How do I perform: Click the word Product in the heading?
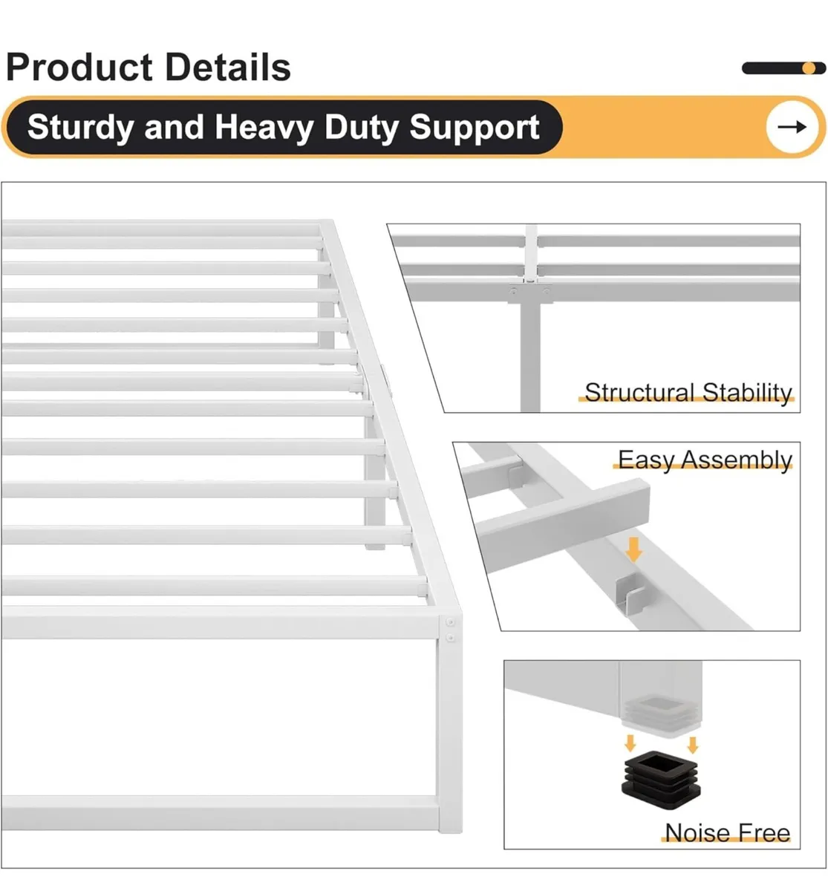coord(80,68)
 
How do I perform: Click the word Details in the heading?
coord(228,68)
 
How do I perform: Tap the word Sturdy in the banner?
coord(80,128)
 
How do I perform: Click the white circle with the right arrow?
coord(792,127)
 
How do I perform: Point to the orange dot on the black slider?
coord(809,68)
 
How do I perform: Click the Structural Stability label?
coord(688,393)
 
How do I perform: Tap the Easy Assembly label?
coord(705,460)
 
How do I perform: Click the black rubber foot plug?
coord(661,780)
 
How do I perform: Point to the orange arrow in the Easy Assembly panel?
coord(633,549)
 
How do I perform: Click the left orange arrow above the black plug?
coord(630,743)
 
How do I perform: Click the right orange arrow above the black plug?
coord(693,745)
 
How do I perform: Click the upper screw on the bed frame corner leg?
coord(450,621)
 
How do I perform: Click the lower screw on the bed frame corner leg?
coord(450,638)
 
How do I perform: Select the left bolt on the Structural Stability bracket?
coord(514,292)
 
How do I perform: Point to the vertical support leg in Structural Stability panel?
coord(530,356)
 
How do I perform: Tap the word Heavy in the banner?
coord(264,128)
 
